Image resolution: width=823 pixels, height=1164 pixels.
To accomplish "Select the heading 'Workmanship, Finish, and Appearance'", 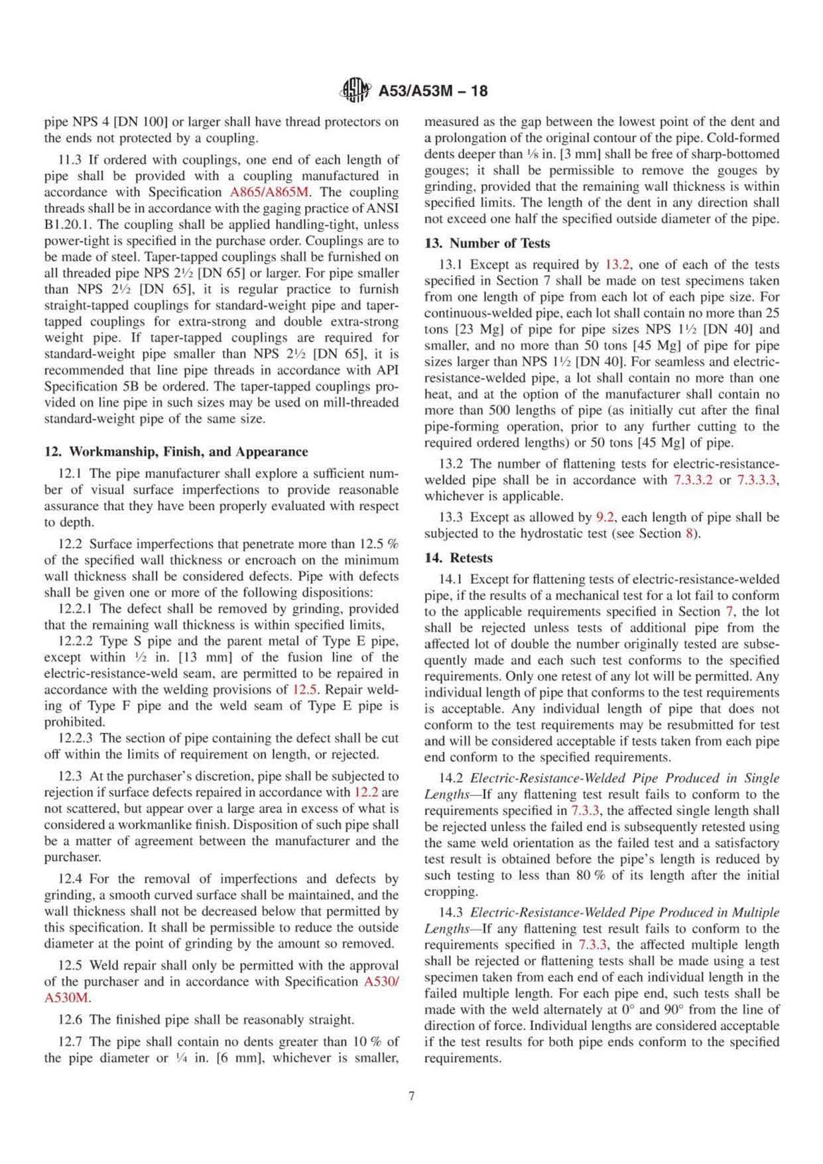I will coord(176,452).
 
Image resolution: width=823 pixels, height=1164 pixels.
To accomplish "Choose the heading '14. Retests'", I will coord(458,558).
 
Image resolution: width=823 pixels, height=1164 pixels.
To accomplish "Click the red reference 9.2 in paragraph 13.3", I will coord(605,517).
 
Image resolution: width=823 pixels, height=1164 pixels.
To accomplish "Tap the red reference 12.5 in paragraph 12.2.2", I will coord(303,690).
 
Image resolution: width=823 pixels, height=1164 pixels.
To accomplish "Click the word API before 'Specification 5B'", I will coord(388,370).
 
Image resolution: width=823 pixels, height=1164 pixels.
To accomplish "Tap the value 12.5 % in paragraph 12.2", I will coord(379,544).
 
